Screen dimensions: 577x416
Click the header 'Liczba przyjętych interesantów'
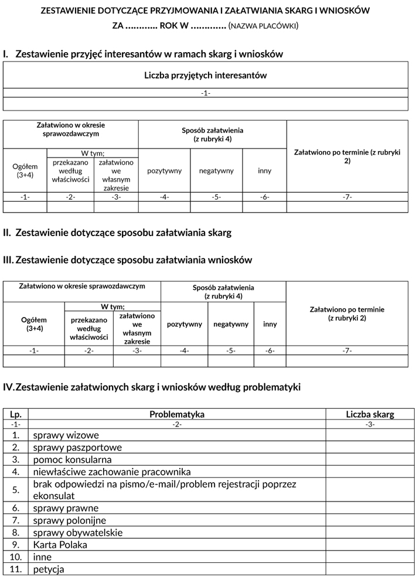coord(206,76)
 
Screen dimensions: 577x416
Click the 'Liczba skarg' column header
coord(370,414)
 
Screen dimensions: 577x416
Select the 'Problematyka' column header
coord(177,414)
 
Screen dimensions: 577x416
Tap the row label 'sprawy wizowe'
coord(66,435)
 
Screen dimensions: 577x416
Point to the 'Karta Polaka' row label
coord(60,545)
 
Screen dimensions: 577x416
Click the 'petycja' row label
coord(49,569)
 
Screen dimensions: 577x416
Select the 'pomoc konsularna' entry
coord(73,460)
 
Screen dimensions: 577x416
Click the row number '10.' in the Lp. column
coord(16,557)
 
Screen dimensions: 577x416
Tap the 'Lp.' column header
coord(16,414)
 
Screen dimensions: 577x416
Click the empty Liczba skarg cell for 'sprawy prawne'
coord(370,508)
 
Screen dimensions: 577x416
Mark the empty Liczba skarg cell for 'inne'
coord(370,557)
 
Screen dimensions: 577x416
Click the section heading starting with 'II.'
coord(117,233)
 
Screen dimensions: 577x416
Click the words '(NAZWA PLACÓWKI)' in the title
coord(264,26)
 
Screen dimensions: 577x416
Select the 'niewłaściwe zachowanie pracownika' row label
coord(112,472)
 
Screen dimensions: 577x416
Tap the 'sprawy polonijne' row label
coord(70,520)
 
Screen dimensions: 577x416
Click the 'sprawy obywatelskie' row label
coord(78,532)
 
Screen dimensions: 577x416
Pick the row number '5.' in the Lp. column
coord(16,490)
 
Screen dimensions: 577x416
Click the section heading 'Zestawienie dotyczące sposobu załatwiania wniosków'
coord(134,260)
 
